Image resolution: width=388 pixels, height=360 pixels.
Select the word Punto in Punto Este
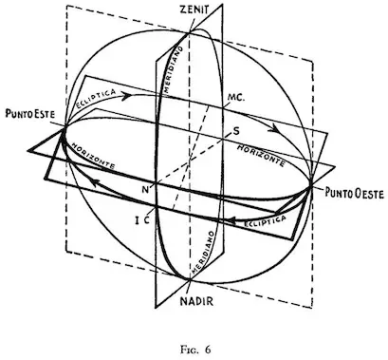(x=18, y=119)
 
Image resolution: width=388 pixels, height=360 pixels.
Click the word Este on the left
(x=46, y=119)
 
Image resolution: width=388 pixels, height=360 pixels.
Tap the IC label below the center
(x=141, y=218)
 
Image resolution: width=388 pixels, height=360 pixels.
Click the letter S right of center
(x=234, y=129)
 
